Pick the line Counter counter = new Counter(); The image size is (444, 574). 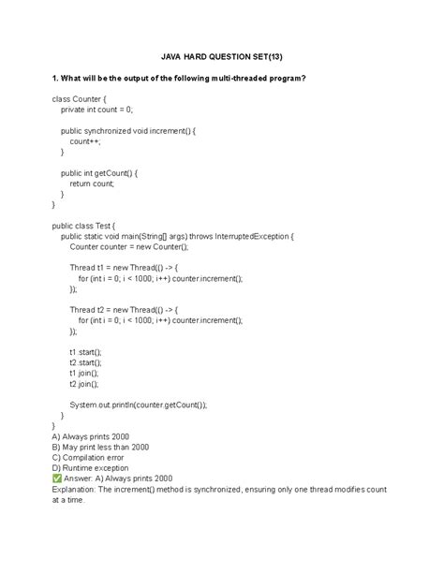click(128, 247)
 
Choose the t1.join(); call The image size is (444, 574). click(83, 373)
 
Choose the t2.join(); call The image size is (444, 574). click(83, 383)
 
